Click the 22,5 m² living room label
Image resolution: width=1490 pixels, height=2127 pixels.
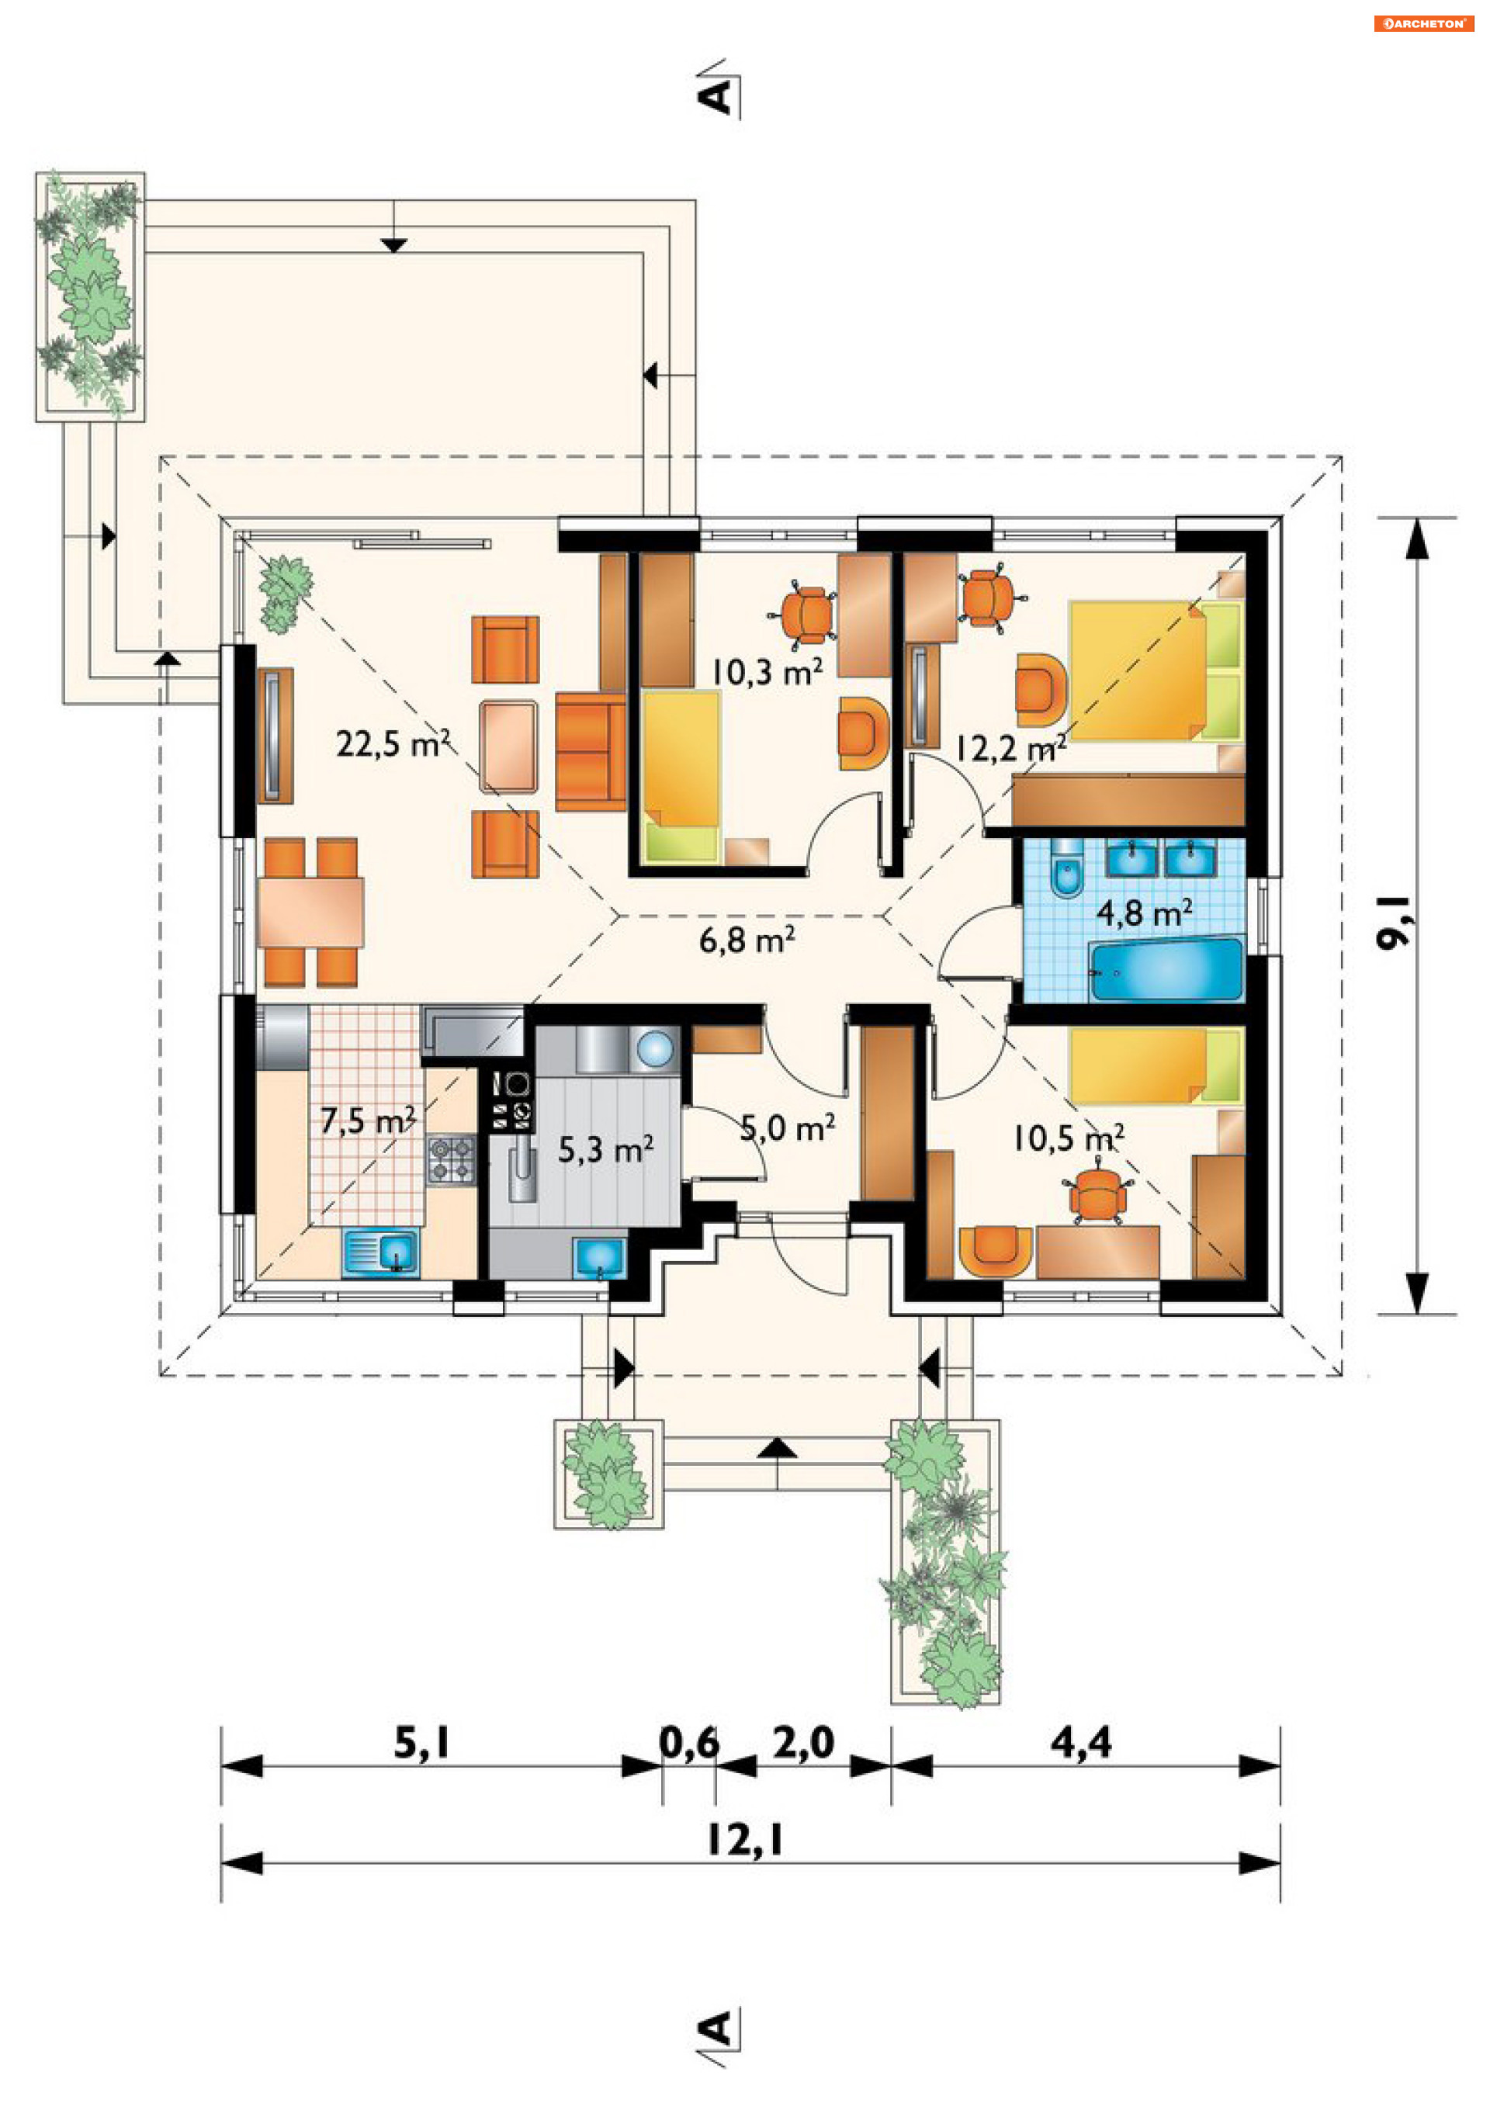393,743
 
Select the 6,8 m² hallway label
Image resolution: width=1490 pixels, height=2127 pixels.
746,940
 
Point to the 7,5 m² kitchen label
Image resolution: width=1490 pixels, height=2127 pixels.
368,1121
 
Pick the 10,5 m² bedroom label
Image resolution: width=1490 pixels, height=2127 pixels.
1069,1138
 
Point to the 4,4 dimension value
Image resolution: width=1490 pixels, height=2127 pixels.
1080,1741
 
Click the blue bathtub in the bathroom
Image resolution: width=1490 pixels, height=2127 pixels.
1166,970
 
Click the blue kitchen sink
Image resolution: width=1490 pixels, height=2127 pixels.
381,1252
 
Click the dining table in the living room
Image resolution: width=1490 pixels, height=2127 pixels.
310,912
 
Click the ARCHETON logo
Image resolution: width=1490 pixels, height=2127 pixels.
1423,23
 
